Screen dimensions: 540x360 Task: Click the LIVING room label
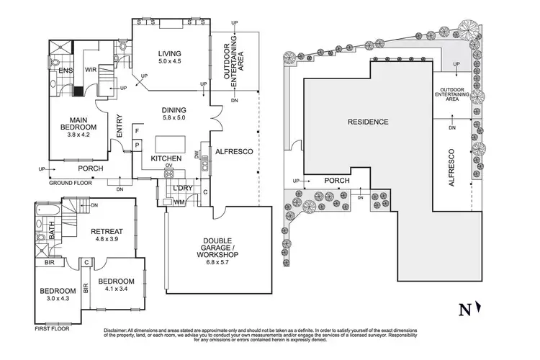(x=170, y=54)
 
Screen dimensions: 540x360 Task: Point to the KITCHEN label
(x=164, y=158)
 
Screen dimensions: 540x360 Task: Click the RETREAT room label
(x=109, y=231)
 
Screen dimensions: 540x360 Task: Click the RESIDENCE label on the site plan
(x=369, y=122)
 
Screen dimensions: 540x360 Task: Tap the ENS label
(x=64, y=71)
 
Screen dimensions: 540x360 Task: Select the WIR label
(x=91, y=70)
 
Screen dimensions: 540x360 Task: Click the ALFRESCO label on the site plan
(x=451, y=168)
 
